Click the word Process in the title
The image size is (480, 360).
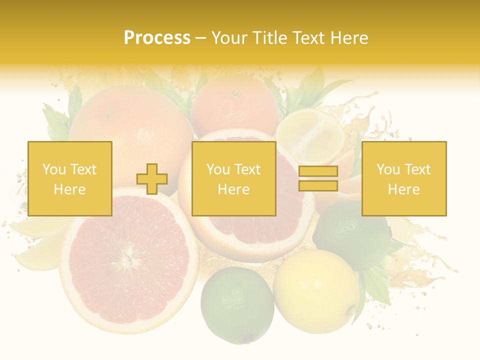click(157, 37)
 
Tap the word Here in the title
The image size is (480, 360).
click(348, 37)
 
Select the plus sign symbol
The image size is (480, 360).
click(152, 179)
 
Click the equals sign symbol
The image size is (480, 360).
click(318, 178)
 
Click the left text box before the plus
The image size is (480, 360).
click(70, 178)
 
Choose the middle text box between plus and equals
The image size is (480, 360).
click(234, 178)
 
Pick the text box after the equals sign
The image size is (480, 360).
click(404, 178)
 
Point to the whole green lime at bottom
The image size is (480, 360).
click(237, 304)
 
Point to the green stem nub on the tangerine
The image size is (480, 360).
click(235, 92)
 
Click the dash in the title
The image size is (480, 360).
click(200, 38)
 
